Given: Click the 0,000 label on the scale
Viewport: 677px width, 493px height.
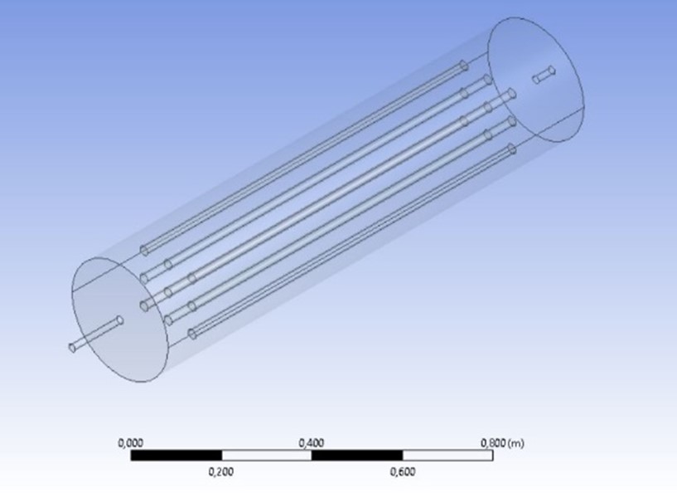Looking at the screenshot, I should [x=132, y=443].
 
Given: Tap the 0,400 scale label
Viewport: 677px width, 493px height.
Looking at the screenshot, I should [x=312, y=443].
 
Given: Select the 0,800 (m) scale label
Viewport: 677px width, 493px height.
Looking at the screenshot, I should [x=502, y=443].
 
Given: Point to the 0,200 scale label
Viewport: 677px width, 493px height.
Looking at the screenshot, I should [x=221, y=472].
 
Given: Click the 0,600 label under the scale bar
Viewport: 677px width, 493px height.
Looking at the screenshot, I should [x=402, y=472].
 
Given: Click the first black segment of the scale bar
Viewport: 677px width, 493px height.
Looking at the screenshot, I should [x=176, y=455].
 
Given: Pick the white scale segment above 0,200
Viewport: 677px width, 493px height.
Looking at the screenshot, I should [x=266, y=455].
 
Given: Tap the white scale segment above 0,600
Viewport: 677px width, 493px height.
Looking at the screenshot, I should [x=447, y=455].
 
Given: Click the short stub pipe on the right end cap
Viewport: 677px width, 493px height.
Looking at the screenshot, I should [x=544, y=76].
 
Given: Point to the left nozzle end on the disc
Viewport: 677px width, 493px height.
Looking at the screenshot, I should [x=119, y=320].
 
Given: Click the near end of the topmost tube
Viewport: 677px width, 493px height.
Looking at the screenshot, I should [x=143, y=249].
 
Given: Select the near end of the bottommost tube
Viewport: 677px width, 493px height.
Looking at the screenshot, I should [x=191, y=334].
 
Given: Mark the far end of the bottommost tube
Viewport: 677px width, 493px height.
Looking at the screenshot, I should [x=511, y=149].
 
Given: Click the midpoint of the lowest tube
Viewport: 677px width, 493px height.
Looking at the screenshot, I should [x=351, y=242].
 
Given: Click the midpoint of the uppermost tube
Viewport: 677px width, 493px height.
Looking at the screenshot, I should [x=303, y=157].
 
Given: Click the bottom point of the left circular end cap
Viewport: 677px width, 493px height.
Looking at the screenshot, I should [x=133, y=382].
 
